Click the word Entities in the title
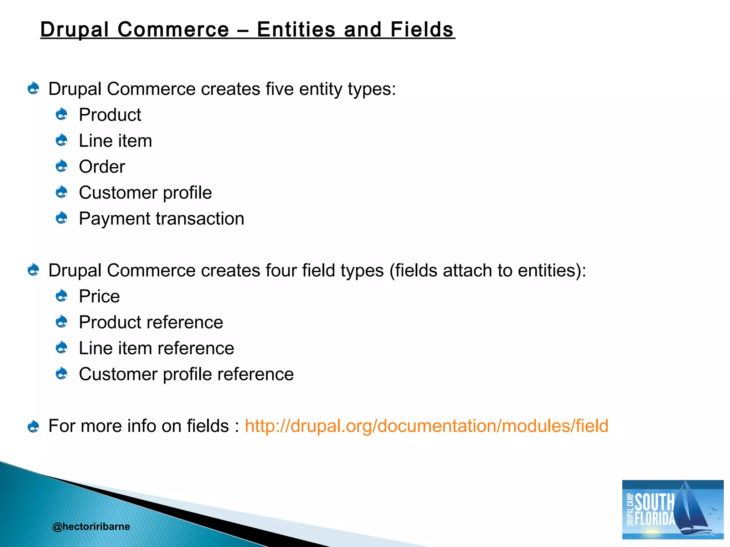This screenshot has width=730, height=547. (x=296, y=29)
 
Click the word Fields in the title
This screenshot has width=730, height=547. (x=422, y=29)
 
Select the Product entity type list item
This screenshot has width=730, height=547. (x=110, y=115)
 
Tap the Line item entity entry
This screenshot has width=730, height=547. (x=115, y=141)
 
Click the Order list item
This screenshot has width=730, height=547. (x=102, y=167)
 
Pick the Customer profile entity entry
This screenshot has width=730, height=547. (x=145, y=193)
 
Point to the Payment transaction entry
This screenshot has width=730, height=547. (x=161, y=219)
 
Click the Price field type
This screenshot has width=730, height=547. (x=99, y=297)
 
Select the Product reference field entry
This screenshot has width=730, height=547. (x=151, y=323)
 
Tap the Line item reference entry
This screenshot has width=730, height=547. (x=156, y=349)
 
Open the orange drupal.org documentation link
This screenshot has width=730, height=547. (x=426, y=426)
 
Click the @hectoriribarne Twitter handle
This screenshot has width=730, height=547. (x=91, y=527)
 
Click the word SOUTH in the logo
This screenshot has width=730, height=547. (x=654, y=502)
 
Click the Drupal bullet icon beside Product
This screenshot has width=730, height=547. (x=62, y=114)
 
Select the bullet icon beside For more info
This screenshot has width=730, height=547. (x=34, y=426)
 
